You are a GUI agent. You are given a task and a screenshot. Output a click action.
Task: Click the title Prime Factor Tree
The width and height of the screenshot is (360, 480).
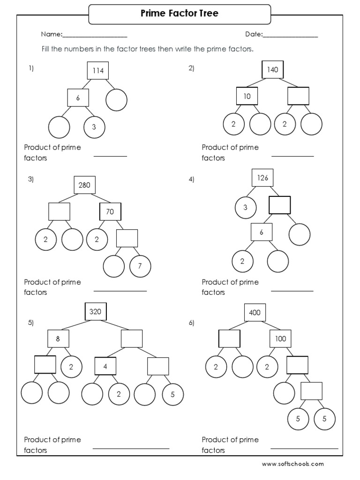click(x=180, y=14)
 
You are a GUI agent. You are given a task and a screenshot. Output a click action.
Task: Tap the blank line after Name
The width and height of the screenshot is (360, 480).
click(x=95, y=36)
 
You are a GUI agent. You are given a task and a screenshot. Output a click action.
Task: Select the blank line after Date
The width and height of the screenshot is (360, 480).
click(x=290, y=36)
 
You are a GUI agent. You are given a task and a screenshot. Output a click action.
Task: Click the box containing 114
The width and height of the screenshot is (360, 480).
click(x=97, y=71)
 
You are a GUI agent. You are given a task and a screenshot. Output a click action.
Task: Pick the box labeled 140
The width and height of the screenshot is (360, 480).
click(x=272, y=70)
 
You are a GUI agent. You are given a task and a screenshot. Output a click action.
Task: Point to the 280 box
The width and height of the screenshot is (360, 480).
click(x=84, y=185)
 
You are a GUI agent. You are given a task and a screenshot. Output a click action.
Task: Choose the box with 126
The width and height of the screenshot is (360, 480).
click(x=262, y=178)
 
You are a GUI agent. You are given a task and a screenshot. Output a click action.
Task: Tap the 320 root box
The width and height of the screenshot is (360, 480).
click(x=96, y=311)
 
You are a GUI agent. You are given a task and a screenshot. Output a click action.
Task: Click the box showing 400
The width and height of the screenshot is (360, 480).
click(x=255, y=313)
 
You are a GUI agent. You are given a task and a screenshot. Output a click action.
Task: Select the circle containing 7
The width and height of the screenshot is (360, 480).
click(x=140, y=266)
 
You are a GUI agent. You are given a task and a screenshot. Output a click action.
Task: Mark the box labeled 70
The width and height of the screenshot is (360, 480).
click(x=110, y=212)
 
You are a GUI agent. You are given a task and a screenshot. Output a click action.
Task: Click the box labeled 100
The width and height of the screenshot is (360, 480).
click(x=280, y=338)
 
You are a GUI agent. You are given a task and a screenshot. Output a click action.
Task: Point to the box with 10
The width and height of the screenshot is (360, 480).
click(x=247, y=97)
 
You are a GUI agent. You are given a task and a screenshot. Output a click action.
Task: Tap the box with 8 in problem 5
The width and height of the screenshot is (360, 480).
click(x=58, y=338)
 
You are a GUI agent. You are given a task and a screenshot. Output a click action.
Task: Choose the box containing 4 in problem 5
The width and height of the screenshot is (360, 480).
click(x=105, y=366)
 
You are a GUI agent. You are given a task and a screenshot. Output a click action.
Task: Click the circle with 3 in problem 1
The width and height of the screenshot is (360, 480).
click(x=94, y=127)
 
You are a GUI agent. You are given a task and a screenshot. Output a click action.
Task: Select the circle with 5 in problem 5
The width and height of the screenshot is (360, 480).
click(x=172, y=394)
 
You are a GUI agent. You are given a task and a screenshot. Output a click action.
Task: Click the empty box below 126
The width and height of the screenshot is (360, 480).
click(x=279, y=205)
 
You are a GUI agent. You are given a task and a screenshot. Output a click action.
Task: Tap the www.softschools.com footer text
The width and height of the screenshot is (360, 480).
click(x=292, y=464)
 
